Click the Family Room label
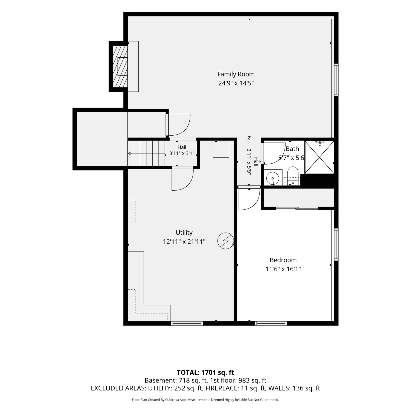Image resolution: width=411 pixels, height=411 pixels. point(236,74)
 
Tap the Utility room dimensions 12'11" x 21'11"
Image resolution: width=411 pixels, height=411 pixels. point(184,241)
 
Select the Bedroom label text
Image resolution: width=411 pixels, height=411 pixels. point(283,260)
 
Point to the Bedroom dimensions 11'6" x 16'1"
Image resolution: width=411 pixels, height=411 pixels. point(283,269)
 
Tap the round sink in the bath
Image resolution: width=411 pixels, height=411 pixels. point(273,178)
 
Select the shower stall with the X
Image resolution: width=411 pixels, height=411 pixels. point(319,157)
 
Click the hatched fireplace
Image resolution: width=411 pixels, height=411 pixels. point(121,66)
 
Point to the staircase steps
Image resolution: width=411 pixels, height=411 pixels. point(146,153)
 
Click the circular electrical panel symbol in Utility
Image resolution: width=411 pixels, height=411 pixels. point(226,241)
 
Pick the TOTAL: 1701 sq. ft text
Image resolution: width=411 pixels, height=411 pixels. point(206,372)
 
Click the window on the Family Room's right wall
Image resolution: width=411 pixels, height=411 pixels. point(336,80)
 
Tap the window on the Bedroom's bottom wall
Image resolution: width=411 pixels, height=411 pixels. point(271,323)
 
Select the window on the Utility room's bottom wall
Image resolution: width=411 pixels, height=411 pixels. point(187,323)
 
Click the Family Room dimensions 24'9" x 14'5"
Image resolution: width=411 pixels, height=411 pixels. point(236,83)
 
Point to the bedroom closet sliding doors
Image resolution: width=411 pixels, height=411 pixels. point(297,208)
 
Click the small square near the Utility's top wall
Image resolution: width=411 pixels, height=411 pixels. point(221,149)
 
